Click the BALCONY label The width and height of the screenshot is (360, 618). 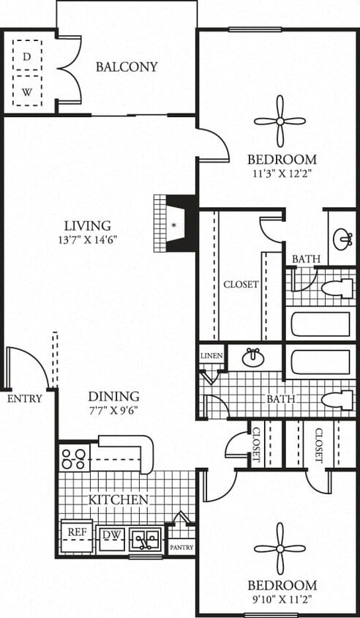tap(127, 67)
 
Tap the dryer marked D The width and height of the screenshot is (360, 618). tap(27, 56)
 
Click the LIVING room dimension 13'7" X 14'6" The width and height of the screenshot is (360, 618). tap(87, 239)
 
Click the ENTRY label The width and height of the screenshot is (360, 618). tap(25, 399)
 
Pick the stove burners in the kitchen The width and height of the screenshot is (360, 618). tap(74, 458)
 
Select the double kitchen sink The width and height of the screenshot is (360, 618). tap(146, 540)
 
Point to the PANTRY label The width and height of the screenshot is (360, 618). tap(181, 547)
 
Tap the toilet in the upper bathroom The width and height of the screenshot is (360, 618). tap(337, 288)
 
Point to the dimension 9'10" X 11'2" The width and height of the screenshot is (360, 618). tap(282, 599)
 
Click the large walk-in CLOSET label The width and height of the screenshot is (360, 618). tap(241, 284)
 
